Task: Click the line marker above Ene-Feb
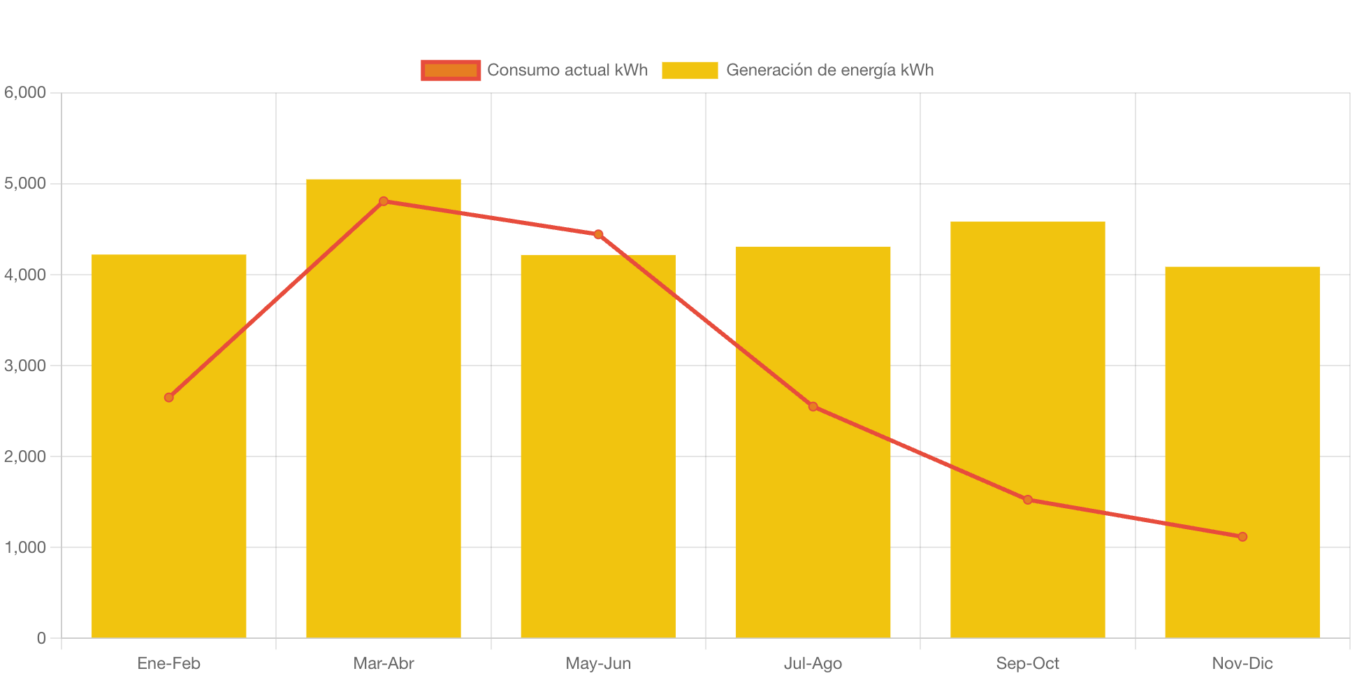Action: [x=168, y=397]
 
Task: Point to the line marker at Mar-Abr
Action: [x=383, y=201]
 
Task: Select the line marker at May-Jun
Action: [x=598, y=234]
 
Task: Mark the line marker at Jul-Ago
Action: [x=813, y=406]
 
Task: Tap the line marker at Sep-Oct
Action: [x=1027, y=500]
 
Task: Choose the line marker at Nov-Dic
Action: [x=1242, y=537]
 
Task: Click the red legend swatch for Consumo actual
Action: [x=451, y=70]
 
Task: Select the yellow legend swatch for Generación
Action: [x=690, y=70]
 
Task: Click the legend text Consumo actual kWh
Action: [x=567, y=70]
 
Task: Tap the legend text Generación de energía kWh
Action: [x=829, y=70]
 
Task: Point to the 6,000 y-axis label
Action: [x=25, y=92]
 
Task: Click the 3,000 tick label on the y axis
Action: [x=25, y=366]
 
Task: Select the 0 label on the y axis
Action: [x=41, y=637]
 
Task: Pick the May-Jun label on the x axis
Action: [x=598, y=663]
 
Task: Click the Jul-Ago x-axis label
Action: [x=813, y=663]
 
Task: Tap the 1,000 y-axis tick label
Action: [x=25, y=547]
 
